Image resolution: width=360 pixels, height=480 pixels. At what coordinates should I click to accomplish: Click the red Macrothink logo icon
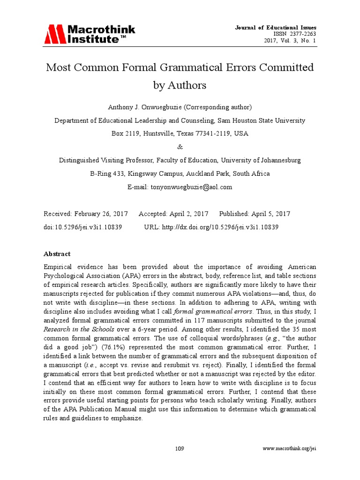pyautogui.click(x=54, y=34)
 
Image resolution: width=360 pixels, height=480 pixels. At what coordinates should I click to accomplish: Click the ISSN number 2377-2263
pyautogui.click(x=302, y=34)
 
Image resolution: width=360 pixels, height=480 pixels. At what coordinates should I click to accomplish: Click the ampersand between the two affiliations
pyautogui.click(x=180, y=147)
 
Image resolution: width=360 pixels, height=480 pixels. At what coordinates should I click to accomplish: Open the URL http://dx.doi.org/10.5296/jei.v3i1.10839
pyautogui.click(x=220, y=227)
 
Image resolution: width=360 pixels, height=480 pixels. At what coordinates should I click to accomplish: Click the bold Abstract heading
pyautogui.click(x=57, y=254)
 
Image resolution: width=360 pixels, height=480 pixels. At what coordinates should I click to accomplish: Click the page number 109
pyautogui.click(x=180, y=449)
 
